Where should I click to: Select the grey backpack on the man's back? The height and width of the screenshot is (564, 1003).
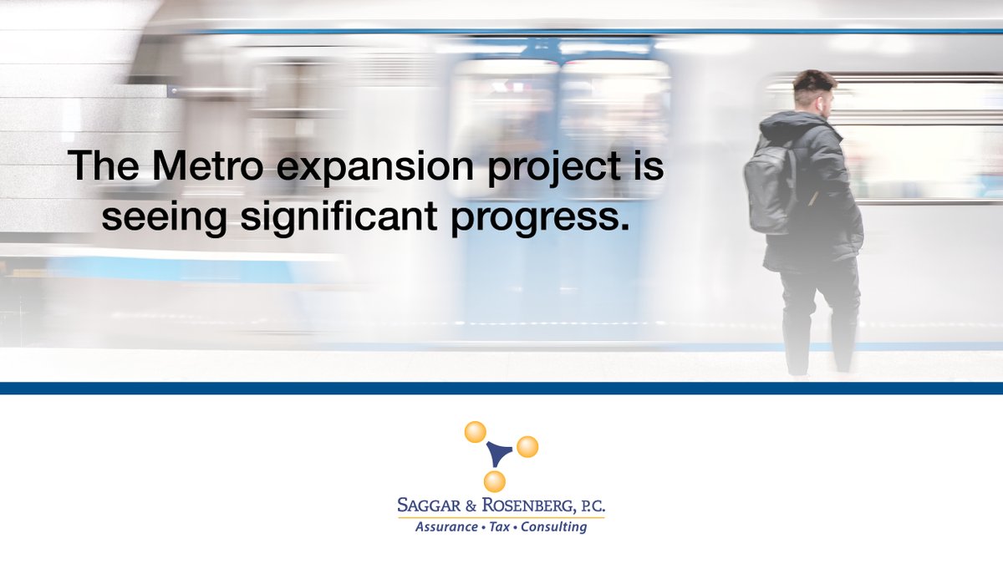coord(771,188)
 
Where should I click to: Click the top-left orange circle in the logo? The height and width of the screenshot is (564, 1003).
coord(475,431)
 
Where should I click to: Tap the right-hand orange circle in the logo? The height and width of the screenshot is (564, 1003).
coord(527,447)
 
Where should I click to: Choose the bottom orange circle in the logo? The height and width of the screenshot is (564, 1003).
coord(495,480)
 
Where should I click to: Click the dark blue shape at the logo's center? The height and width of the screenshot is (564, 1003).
coord(499,453)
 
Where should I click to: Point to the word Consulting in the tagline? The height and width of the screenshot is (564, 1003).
coord(553,528)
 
